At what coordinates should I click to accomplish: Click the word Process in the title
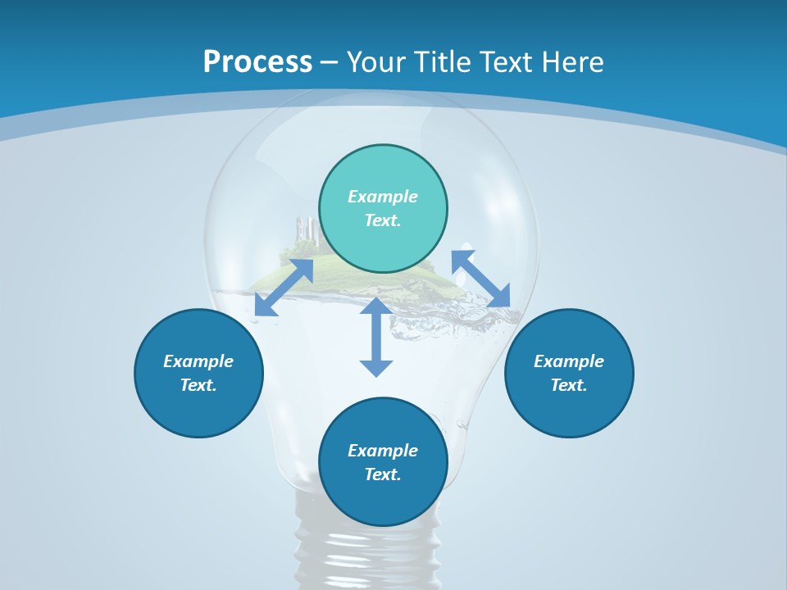257,62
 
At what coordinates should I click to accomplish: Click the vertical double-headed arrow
376,337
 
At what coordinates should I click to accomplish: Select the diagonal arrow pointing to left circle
284,288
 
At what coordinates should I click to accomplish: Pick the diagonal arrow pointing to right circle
481,279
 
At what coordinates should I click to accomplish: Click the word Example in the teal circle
383,197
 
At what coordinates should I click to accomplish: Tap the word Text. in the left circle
198,385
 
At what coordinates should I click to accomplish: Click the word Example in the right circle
569,361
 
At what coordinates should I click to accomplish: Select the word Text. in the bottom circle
383,474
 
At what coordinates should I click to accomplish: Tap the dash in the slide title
330,62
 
